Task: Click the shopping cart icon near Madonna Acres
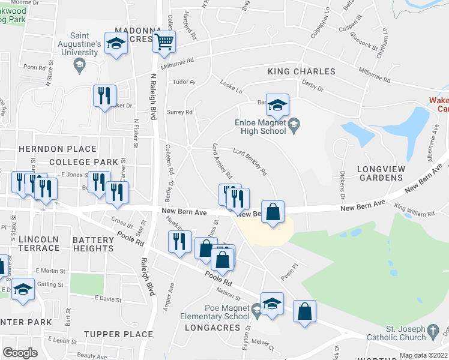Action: click(164, 42)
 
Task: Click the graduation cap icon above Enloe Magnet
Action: click(277, 105)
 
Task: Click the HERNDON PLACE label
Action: click(57, 149)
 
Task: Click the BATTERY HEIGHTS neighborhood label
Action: click(93, 244)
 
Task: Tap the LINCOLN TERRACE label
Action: click(39, 244)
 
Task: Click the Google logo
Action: click(20, 353)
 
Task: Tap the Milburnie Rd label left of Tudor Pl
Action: click(177, 61)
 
